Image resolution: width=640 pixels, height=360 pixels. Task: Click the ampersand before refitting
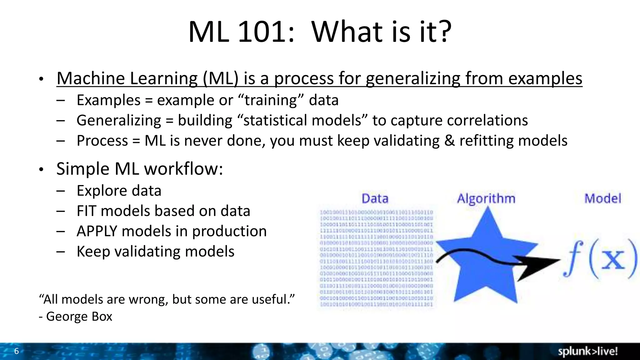click(449, 140)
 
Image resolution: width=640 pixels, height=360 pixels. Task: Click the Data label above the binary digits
click(375, 199)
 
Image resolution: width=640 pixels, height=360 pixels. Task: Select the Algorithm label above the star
click(486, 199)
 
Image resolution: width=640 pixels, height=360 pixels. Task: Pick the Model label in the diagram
click(602, 199)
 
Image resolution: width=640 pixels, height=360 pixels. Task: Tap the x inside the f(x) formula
click(613, 259)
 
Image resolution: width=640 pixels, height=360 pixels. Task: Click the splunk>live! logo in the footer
click(587, 351)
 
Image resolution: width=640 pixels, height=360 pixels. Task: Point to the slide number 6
click(17, 351)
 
